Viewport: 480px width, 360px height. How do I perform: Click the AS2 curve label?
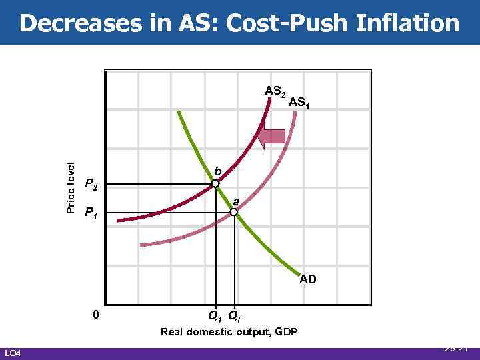(275, 91)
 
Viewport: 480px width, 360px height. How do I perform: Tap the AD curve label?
(307, 279)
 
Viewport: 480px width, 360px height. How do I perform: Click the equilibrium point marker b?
(215, 183)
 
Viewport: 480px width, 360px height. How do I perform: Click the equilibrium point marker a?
(234, 213)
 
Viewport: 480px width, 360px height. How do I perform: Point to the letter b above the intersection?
(217, 171)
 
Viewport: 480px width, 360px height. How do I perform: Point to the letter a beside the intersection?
(236, 201)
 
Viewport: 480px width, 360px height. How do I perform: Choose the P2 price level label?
(93, 185)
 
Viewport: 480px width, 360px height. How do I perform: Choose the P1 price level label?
(92, 214)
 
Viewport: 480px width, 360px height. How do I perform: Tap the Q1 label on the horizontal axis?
(215, 315)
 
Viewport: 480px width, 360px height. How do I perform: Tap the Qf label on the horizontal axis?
(235, 315)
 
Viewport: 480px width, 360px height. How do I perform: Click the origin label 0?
(96, 315)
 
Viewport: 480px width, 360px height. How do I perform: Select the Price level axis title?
(71, 183)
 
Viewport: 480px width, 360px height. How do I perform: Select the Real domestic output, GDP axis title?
(229, 331)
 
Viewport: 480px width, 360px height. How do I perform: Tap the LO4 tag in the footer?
(13, 353)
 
